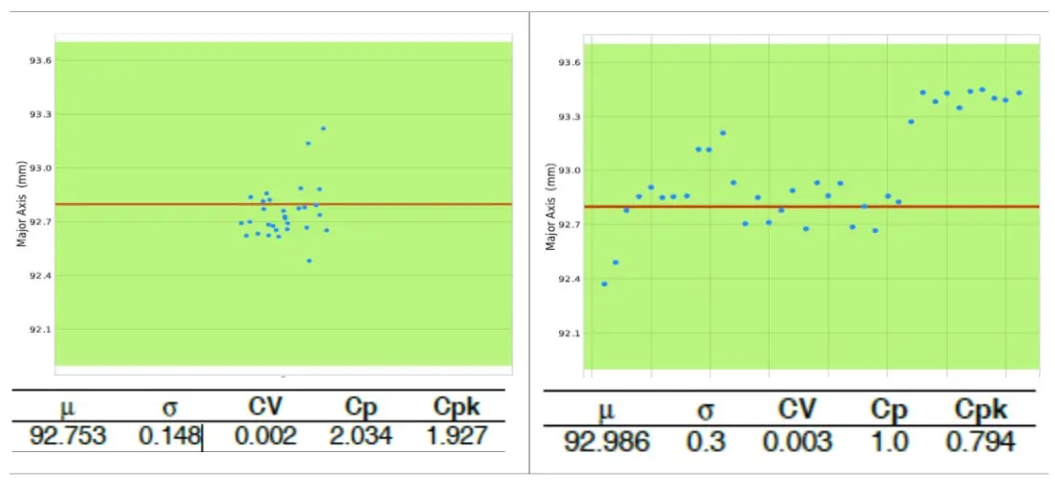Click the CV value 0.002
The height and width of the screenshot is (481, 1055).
click(266, 436)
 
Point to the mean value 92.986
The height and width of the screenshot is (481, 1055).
click(607, 441)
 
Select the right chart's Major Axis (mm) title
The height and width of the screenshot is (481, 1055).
click(551, 207)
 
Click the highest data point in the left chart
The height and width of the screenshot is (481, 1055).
click(323, 129)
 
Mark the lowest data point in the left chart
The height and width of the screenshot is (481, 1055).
click(309, 261)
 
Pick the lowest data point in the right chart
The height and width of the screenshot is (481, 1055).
click(604, 283)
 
